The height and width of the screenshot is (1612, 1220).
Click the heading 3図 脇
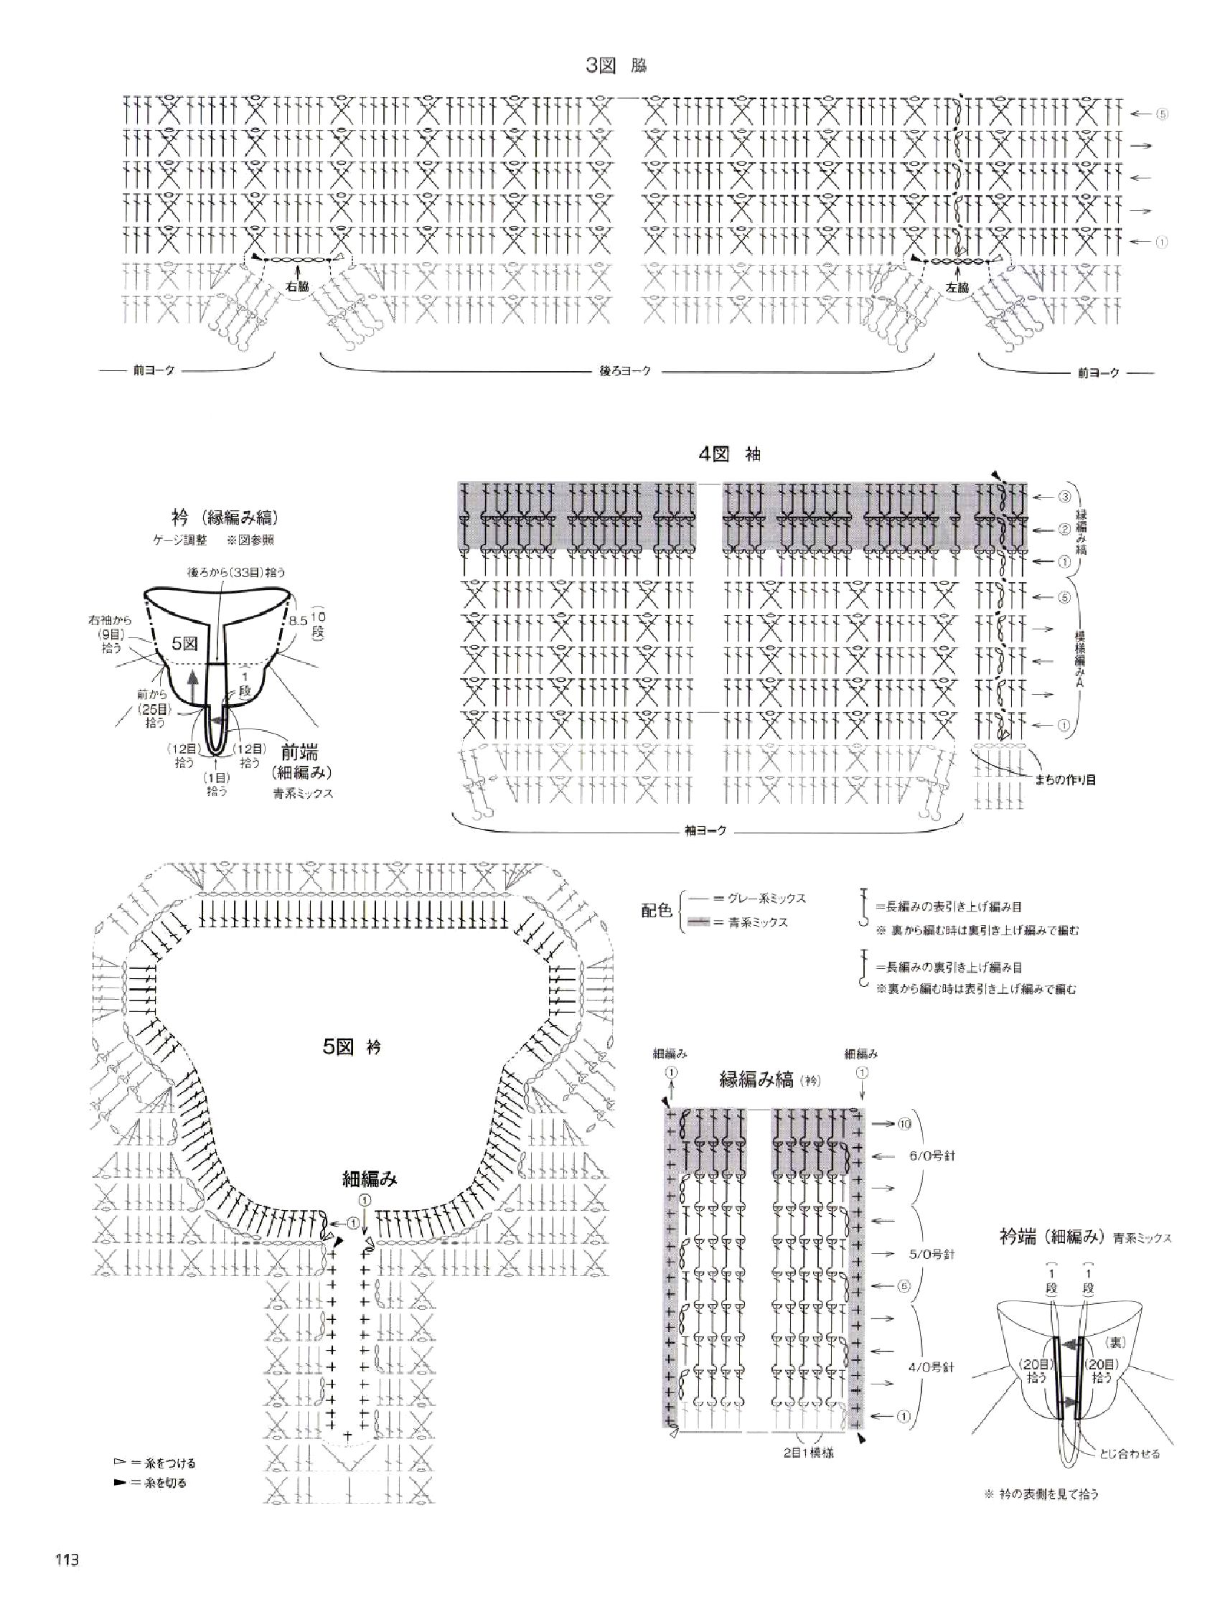[616, 66]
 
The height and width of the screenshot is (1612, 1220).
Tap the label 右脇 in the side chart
[297, 286]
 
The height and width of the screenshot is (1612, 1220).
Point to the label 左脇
[957, 287]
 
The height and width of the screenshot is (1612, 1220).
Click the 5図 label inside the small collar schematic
[184, 644]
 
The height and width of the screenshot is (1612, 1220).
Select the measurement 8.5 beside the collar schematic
[298, 622]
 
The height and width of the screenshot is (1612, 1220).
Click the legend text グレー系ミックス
[771, 899]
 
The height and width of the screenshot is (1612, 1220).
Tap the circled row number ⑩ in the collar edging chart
[904, 1124]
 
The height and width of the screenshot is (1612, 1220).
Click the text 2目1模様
[812, 1453]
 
